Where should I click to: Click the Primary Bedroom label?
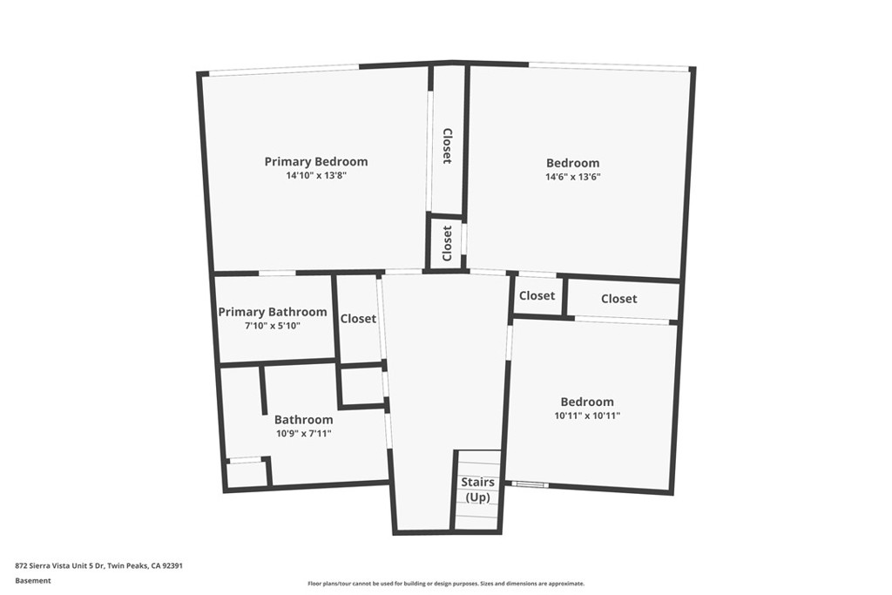pos(315,161)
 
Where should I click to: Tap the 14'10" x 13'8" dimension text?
pos(315,175)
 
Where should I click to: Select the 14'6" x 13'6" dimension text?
pos(572,177)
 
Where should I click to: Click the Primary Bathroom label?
pos(273,312)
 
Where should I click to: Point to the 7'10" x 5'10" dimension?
pos(273,326)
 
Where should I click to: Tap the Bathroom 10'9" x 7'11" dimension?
pos(303,433)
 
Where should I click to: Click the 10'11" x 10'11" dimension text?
pos(586,416)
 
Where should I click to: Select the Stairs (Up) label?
pos(477,490)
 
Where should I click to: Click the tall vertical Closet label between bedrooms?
pos(447,146)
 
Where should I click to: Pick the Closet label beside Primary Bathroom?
pos(358,319)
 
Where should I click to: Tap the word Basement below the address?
pos(33,580)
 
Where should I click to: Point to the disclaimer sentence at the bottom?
pos(445,584)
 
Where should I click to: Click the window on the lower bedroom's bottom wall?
pos(529,484)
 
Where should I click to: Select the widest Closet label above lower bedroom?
pos(618,299)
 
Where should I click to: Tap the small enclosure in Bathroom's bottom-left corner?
pos(247,474)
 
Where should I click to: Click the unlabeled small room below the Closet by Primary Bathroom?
pos(362,385)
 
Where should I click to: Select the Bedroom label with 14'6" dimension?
pos(572,163)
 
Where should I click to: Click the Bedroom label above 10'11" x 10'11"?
pos(586,402)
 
